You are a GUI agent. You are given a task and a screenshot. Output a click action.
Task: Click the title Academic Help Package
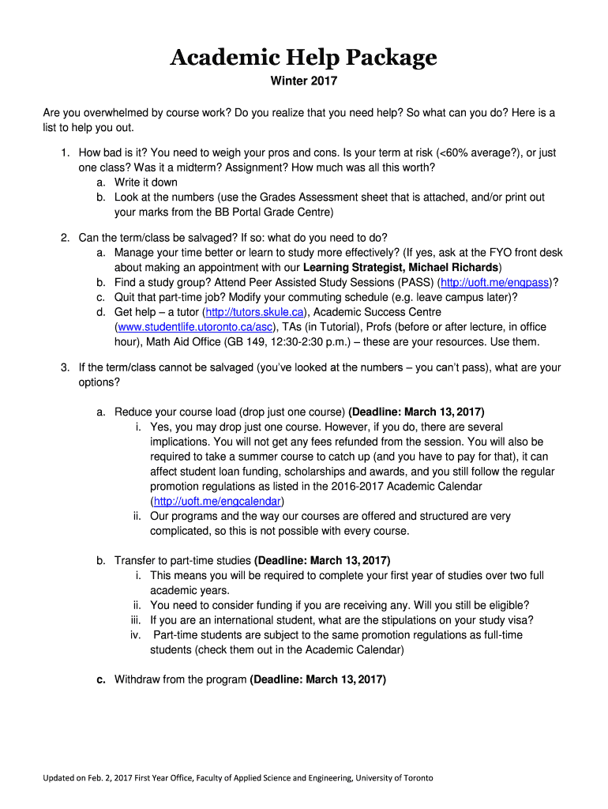(x=303, y=58)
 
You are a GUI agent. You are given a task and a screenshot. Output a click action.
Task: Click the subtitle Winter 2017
(x=303, y=82)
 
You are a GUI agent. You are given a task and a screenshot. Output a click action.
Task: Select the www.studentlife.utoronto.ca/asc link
(x=195, y=327)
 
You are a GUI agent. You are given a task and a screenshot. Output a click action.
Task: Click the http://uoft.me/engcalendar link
(x=218, y=501)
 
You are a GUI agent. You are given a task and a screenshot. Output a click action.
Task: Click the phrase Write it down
(x=146, y=182)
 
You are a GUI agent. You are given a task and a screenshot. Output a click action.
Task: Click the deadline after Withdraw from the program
(x=318, y=679)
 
